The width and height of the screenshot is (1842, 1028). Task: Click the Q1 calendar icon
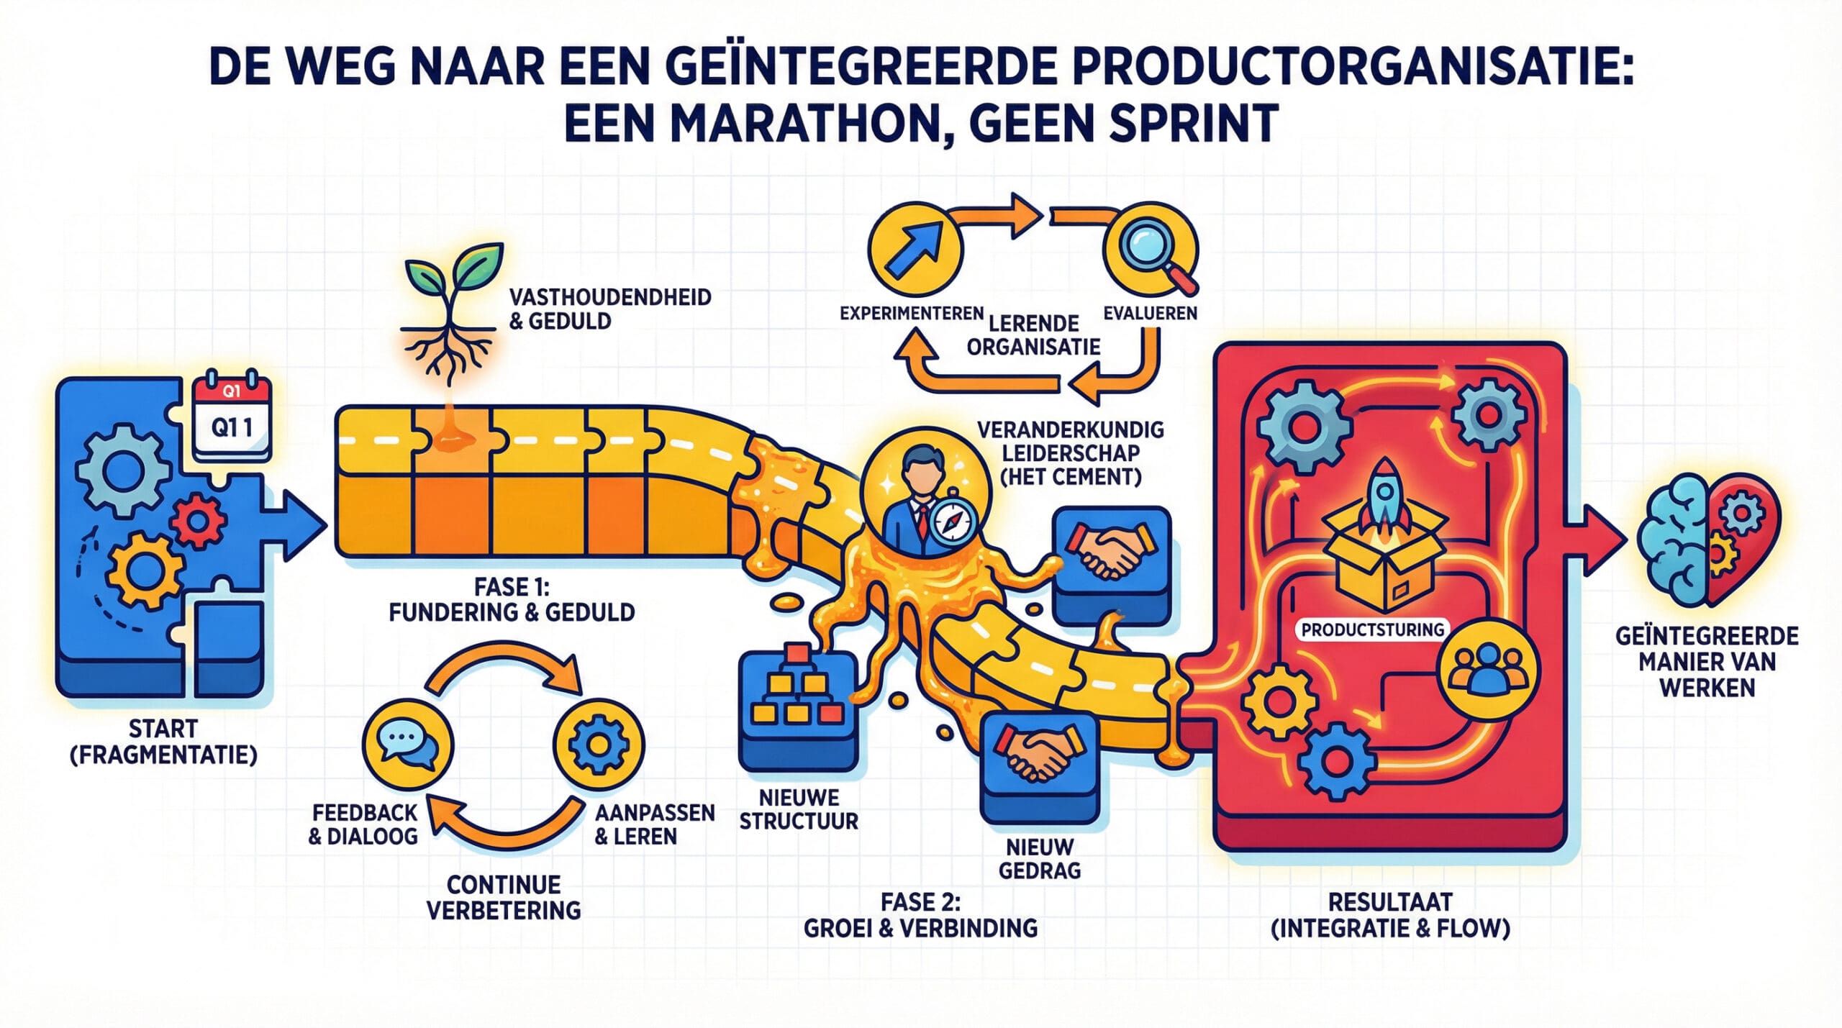point(232,417)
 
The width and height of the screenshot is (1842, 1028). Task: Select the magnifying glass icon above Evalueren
point(1151,248)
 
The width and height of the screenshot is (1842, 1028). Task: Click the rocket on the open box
point(1383,496)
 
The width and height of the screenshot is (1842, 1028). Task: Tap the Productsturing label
point(1373,629)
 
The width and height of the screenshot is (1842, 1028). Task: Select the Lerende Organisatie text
point(1033,335)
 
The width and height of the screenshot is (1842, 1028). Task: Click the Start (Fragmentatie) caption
point(163,742)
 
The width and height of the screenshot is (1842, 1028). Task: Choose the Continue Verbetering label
point(504,897)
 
